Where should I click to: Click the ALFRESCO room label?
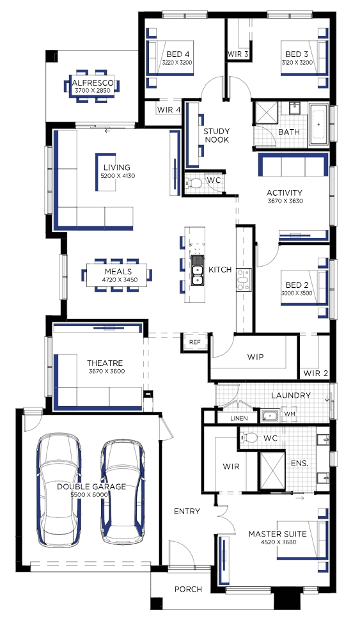click(93, 83)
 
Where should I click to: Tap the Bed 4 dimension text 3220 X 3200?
click(177, 63)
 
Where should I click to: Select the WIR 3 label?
click(238, 54)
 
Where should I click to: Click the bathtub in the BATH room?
click(319, 124)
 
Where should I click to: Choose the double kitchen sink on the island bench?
click(197, 270)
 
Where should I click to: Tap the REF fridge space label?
click(195, 342)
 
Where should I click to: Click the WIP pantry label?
click(255, 357)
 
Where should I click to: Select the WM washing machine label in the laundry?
click(290, 414)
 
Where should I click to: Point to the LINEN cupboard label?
click(239, 418)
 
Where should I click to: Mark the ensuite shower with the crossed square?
click(272, 471)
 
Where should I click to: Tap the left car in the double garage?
click(59, 491)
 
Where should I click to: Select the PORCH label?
click(188, 589)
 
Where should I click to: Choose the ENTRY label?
click(187, 511)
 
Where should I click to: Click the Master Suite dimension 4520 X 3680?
click(278, 542)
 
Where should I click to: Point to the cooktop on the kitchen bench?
click(243, 280)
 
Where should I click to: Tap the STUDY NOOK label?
click(217, 135)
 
